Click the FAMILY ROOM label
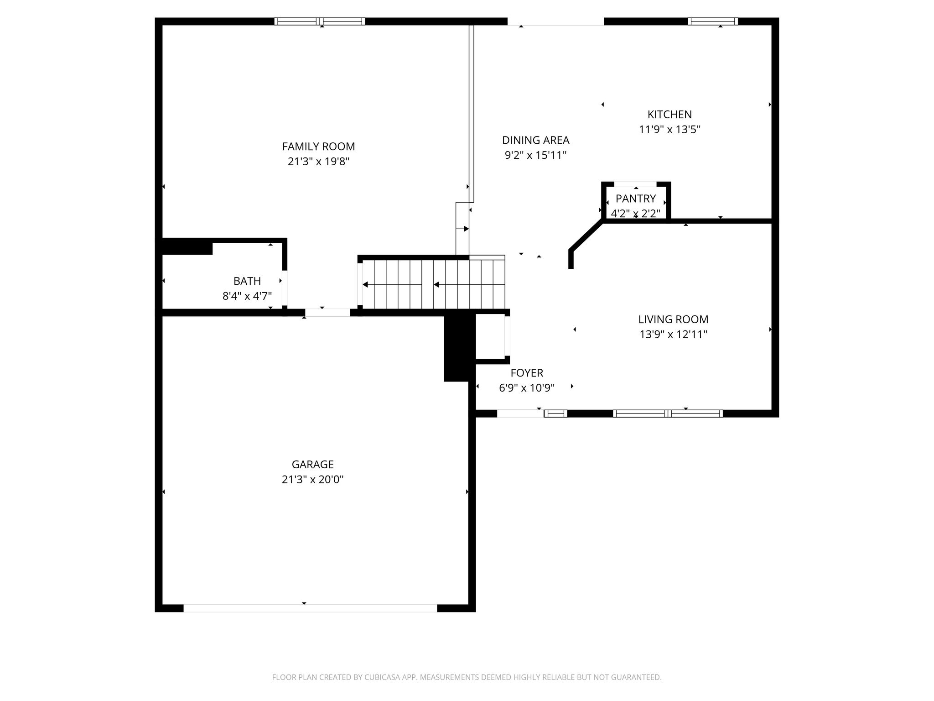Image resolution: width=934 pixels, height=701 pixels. click(318, 146)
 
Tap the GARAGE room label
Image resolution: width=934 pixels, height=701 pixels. click(313, 465)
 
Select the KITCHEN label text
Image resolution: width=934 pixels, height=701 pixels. click(669, 115)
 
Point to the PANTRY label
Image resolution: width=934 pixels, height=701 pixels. click(636, 199)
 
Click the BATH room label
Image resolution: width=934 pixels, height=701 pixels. click(247, 281)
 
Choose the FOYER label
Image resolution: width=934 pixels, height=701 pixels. click(527, 373)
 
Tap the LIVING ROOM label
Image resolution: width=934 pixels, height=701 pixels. click(673, 319)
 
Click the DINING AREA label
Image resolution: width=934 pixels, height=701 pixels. click(536, 140)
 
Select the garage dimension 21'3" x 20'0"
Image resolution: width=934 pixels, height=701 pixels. click(313, 480)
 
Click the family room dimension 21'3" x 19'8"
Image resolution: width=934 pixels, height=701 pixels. click(318, 162)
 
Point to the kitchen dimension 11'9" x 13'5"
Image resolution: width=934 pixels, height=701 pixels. click(669, 130)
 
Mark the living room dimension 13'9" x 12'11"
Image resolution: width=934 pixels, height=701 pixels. click(673, 335)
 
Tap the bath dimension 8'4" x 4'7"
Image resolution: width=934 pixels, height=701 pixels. click(247, 296)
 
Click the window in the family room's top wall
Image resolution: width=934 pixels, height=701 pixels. click(320, 21)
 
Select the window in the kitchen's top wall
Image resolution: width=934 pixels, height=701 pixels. click(713, 21)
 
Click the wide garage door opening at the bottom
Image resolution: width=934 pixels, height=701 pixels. click(310, 608)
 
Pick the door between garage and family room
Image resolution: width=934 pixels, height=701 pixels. click(327, 313)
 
